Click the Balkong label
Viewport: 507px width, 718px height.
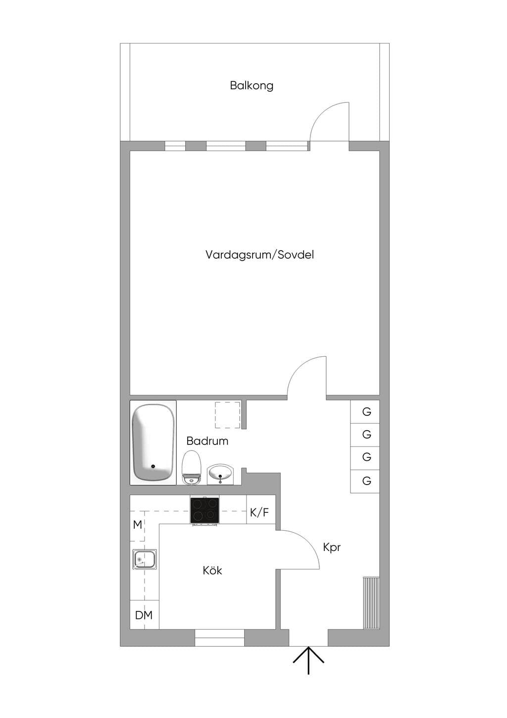[x=252, y=86]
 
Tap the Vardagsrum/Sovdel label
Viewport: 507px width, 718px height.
[x=259, y=255]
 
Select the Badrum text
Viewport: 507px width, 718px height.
[x=207, y=441]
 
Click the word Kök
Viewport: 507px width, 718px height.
[x=212, y=570]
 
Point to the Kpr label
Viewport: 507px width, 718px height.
[x=332, y=548]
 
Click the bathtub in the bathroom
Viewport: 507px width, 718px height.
[x=153, y=442]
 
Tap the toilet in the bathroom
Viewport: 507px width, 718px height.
[x=191, y=468]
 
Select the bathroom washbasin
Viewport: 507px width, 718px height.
[x=221, y=475]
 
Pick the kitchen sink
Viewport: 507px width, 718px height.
[x=145, y=559]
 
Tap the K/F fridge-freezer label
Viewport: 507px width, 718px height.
[x=259, y=512]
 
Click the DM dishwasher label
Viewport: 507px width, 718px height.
[x=144, y=615]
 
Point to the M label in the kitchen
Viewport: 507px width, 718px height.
[x=138, y=525]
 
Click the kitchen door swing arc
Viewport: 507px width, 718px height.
[x=307, y=543]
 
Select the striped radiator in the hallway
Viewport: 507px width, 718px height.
[x=371, y=603]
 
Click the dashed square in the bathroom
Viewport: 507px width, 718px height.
[x=227, y=415]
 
